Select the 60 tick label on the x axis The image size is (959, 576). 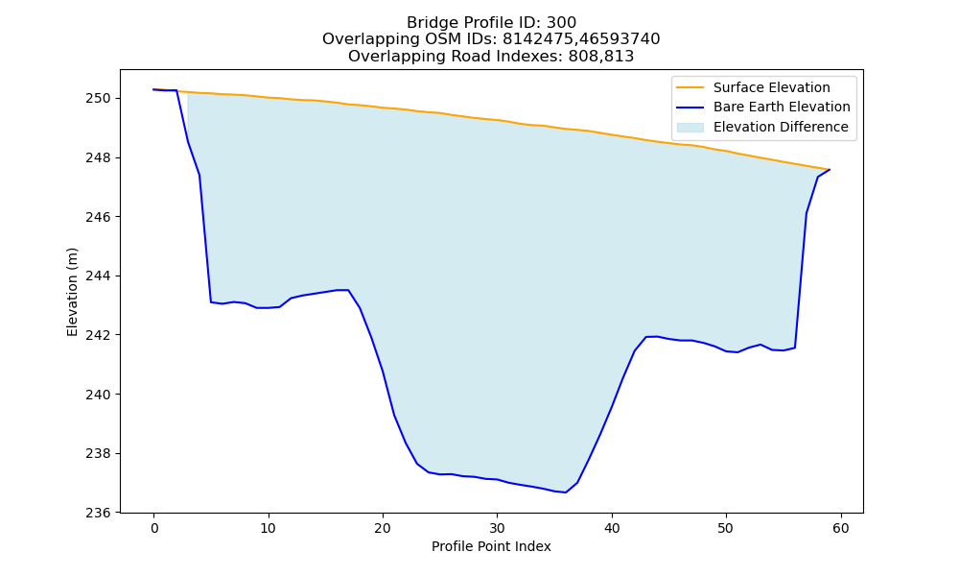point(841,528)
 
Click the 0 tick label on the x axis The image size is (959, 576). point(154,528)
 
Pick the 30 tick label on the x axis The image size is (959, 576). point(497,528)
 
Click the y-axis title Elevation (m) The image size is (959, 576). point(72,292)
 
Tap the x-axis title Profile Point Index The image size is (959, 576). point(491,546)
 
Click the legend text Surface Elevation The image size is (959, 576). point(771,87)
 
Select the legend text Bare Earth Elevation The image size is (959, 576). point(782,108)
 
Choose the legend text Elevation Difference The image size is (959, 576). point(781,127)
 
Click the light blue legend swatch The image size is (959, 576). point(690,128)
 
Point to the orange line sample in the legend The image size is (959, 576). point(690,87)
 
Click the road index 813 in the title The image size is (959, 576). point(619,57)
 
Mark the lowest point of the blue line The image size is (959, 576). point(565,492)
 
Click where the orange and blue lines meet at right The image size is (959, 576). point(830,170)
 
